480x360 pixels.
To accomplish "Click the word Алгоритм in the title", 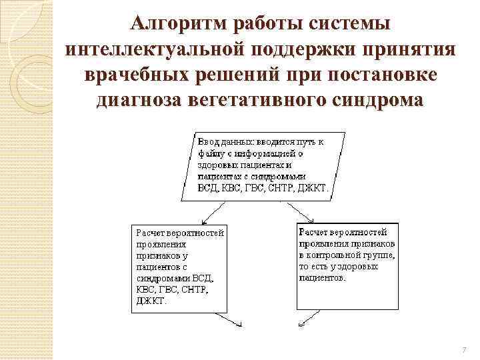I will [x=171, y=24].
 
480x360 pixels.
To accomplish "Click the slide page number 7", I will [x=463, y=350].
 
